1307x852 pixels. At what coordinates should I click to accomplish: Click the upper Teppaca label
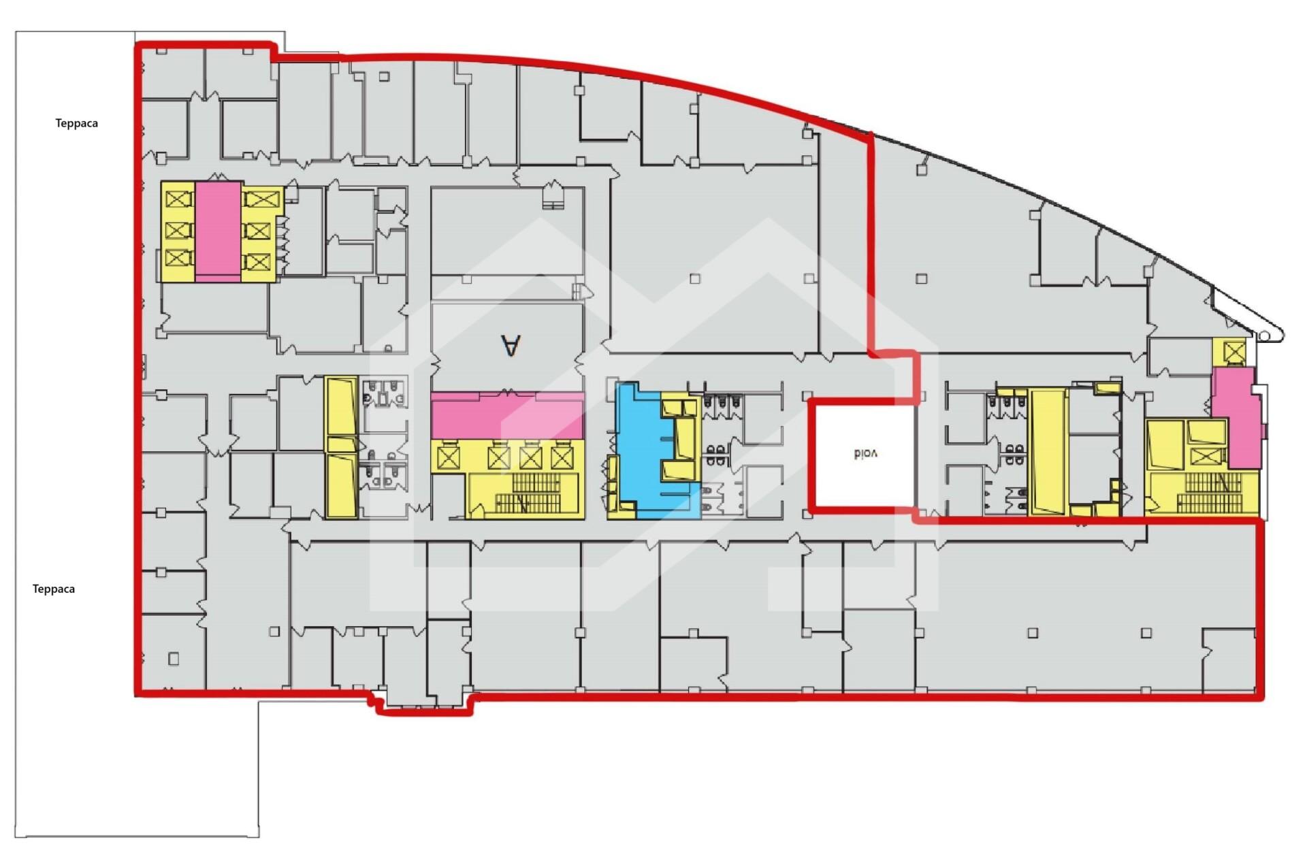[76, 123]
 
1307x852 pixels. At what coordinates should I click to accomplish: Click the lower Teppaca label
[54, 589]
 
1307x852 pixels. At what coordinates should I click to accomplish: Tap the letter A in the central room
[511, 345]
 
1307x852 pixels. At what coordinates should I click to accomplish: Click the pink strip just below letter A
[507, 415]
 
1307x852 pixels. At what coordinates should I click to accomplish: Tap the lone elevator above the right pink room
[1234, 352]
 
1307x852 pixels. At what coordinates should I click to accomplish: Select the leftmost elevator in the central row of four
[449, 457]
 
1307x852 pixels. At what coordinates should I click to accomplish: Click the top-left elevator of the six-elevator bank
[178, 199]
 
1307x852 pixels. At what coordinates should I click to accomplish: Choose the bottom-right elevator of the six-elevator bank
[258, 262]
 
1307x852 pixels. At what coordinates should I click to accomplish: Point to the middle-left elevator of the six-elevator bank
[178, 231]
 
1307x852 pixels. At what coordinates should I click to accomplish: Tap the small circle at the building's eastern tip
[1264, 336]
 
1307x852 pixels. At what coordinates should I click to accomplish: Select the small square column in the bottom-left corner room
[174, 659]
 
